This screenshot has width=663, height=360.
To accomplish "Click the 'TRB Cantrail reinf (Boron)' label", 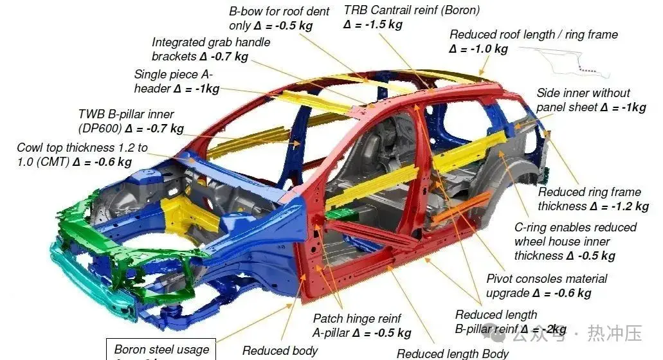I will pyautogui.click(x=412, y=10).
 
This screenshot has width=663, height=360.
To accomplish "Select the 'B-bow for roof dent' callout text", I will pyautogui.click(x=279, y=12).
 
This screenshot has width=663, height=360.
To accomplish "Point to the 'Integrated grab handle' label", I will pyautogui.click(x=211, y=42).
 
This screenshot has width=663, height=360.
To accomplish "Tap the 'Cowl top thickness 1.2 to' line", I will pyautogui.click(x=82, y=148).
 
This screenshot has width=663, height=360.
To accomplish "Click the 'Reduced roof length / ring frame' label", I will pyautogui.click(x=533, y=35).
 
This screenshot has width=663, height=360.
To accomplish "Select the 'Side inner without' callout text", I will pyautogui.click(x=583, y=93).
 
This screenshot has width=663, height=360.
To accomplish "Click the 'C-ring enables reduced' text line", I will pyautogui.click(x=575, y=228).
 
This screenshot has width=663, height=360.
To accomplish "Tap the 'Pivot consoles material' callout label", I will pyautogui.click(x=547, y=279).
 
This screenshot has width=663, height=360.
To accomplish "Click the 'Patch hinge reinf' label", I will pyautogui.click(x=357, y=319).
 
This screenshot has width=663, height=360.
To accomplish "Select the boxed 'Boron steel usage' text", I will pyautogui.click(x=161, y=350).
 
